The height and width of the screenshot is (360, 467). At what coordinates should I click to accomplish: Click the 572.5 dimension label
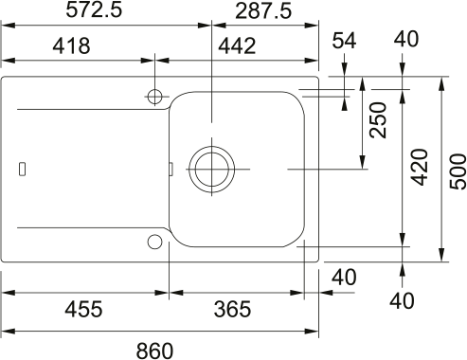pyautogui.click(x=94, y=10)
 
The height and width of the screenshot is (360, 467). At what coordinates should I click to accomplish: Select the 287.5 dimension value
pyautogui.click(x=263, y=12)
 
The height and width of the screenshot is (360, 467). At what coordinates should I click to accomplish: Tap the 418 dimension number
pyautogui.click(x=71, y=45)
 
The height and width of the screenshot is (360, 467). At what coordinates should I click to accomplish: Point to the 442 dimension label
pyautogui.click(x=237, y=45)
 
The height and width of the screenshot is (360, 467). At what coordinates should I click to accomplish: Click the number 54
pyautogui.click(x=344, y=41)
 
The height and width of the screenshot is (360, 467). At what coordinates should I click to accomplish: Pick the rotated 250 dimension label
pyautogui.click(x=378, y=119)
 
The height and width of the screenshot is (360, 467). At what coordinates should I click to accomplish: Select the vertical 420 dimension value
pyautogui.click(x=420, y=167)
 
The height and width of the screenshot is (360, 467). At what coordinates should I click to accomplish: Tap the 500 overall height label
pyautogui.click(x=458, y=171)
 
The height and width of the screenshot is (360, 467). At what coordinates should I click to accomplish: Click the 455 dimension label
pyautogui.click(x=83, y=309)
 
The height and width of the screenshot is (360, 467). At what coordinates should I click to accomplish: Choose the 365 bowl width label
pyautogui.click(x=232, y=309)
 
